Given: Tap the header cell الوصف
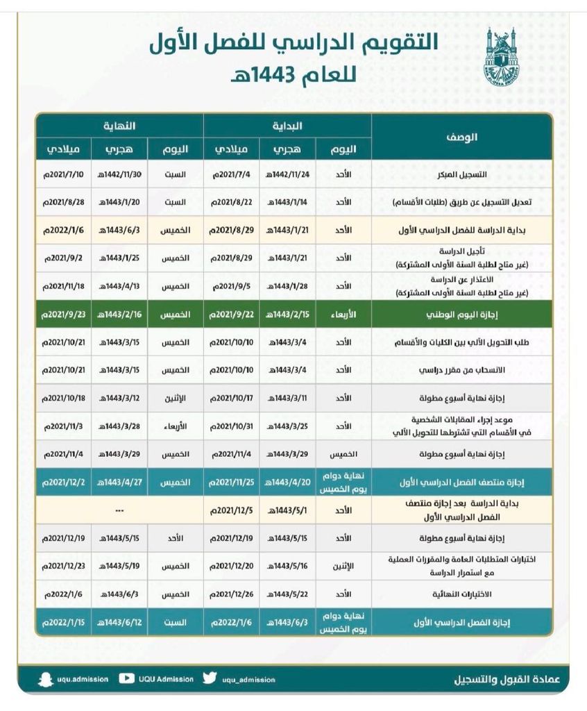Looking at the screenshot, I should pos(461,137).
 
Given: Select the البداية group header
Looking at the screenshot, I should pos(287,126).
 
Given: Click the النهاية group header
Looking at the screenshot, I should pos(119,126).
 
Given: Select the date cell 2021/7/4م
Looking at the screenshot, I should pos(231,174).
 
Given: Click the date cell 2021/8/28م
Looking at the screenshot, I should pos(63,202).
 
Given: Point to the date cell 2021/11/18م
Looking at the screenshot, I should pos(63,285).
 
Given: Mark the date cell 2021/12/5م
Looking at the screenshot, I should pos(231,510).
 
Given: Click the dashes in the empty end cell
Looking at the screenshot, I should pos(119,510).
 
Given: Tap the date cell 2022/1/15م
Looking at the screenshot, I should pos(63,622).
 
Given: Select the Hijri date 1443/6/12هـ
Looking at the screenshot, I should pos(119,622).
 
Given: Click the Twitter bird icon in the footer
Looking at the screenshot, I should pos(210,678).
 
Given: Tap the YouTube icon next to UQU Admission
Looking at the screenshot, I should pos(127,678).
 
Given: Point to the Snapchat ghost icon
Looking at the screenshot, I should pos(46,678).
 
